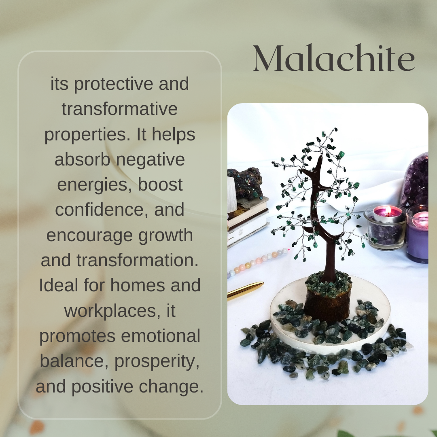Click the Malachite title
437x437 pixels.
334,59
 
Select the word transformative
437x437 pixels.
120,109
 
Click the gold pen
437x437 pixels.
245,291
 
